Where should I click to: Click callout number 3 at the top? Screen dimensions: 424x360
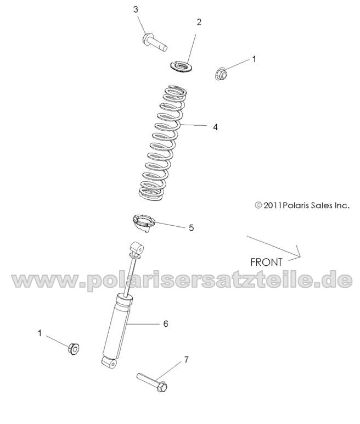pyautogui.click(x=135, y=9)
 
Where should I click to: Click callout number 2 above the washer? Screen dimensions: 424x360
pyautogui.click(x=199, y=22)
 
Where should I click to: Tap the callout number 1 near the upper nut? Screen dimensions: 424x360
pyautogui.click(x=254, y=58)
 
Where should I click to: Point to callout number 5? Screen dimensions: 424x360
pyautogui.click(x=191, y=227)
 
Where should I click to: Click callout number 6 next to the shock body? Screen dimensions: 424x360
pyautogui.click(x=165, y=323)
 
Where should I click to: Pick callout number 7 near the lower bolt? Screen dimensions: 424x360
pyautogui.click(x=186, y=360)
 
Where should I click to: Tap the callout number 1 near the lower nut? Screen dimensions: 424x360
pyautogui.click(x=39, y=333)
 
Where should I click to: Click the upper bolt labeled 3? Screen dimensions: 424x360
pyautogui.click(x=154, y=42)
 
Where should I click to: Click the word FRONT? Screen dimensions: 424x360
pyautogui.click(x=266, y=262)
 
